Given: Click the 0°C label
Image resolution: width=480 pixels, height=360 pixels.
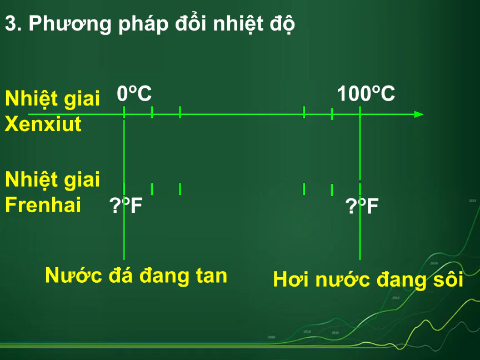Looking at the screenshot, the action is pos(134,93).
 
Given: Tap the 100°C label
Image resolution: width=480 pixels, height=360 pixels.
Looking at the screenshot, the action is pos(366,93).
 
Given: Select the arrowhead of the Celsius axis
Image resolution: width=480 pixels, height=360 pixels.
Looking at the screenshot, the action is pos(419,114).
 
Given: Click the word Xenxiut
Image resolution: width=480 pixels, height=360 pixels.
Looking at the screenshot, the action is pos(43,124).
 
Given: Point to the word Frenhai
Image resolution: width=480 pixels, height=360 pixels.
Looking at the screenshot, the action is pos(43,204).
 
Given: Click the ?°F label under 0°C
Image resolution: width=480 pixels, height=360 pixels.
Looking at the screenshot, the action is pos(126,205).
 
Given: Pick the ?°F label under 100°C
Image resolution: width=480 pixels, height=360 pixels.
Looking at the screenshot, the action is pos(362,206).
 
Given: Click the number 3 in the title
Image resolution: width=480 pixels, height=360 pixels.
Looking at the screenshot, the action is pos(11,23).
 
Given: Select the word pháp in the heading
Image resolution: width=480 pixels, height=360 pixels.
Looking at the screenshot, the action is pos(143,24).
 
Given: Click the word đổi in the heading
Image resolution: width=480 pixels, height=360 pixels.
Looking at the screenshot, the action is pos(191,23).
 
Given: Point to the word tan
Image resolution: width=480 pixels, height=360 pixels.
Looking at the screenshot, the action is pos(212,276).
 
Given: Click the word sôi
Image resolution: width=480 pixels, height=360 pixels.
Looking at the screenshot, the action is pos(448,279).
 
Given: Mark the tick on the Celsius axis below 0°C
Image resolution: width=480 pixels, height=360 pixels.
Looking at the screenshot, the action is pos(124,112).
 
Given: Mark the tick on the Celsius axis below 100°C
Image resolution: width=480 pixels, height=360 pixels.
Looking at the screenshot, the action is pos(360,112).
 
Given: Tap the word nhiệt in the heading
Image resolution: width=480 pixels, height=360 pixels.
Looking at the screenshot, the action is pos(238,24).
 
